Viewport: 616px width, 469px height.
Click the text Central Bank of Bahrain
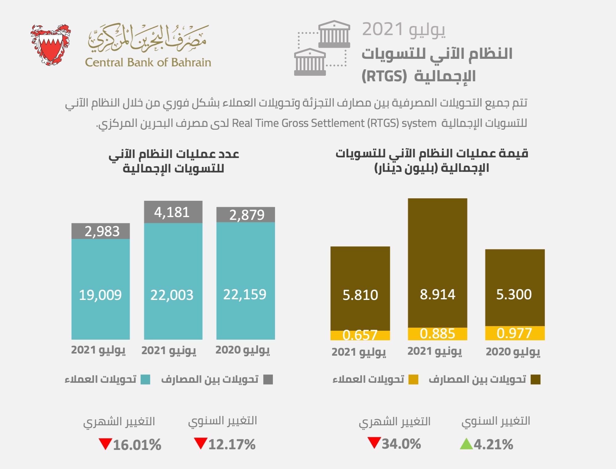148,63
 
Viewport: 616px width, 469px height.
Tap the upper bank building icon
334,34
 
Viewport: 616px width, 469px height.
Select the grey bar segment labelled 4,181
173,212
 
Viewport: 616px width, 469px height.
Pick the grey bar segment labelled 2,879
245,215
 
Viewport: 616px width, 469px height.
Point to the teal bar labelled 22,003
173,281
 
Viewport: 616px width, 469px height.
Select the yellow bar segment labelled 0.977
515,333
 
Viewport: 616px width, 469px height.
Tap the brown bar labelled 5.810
360,288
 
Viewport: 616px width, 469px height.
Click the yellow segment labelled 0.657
360,335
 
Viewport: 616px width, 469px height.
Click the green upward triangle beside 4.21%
466,444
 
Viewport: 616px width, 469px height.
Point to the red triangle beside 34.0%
374,443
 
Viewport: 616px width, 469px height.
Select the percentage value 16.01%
137,445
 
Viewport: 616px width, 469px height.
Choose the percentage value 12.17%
232,444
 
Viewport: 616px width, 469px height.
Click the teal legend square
145,379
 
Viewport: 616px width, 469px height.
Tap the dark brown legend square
536,379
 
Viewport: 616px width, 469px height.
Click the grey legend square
268,379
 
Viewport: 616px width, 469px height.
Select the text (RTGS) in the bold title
384,76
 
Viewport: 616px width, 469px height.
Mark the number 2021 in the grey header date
383,30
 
